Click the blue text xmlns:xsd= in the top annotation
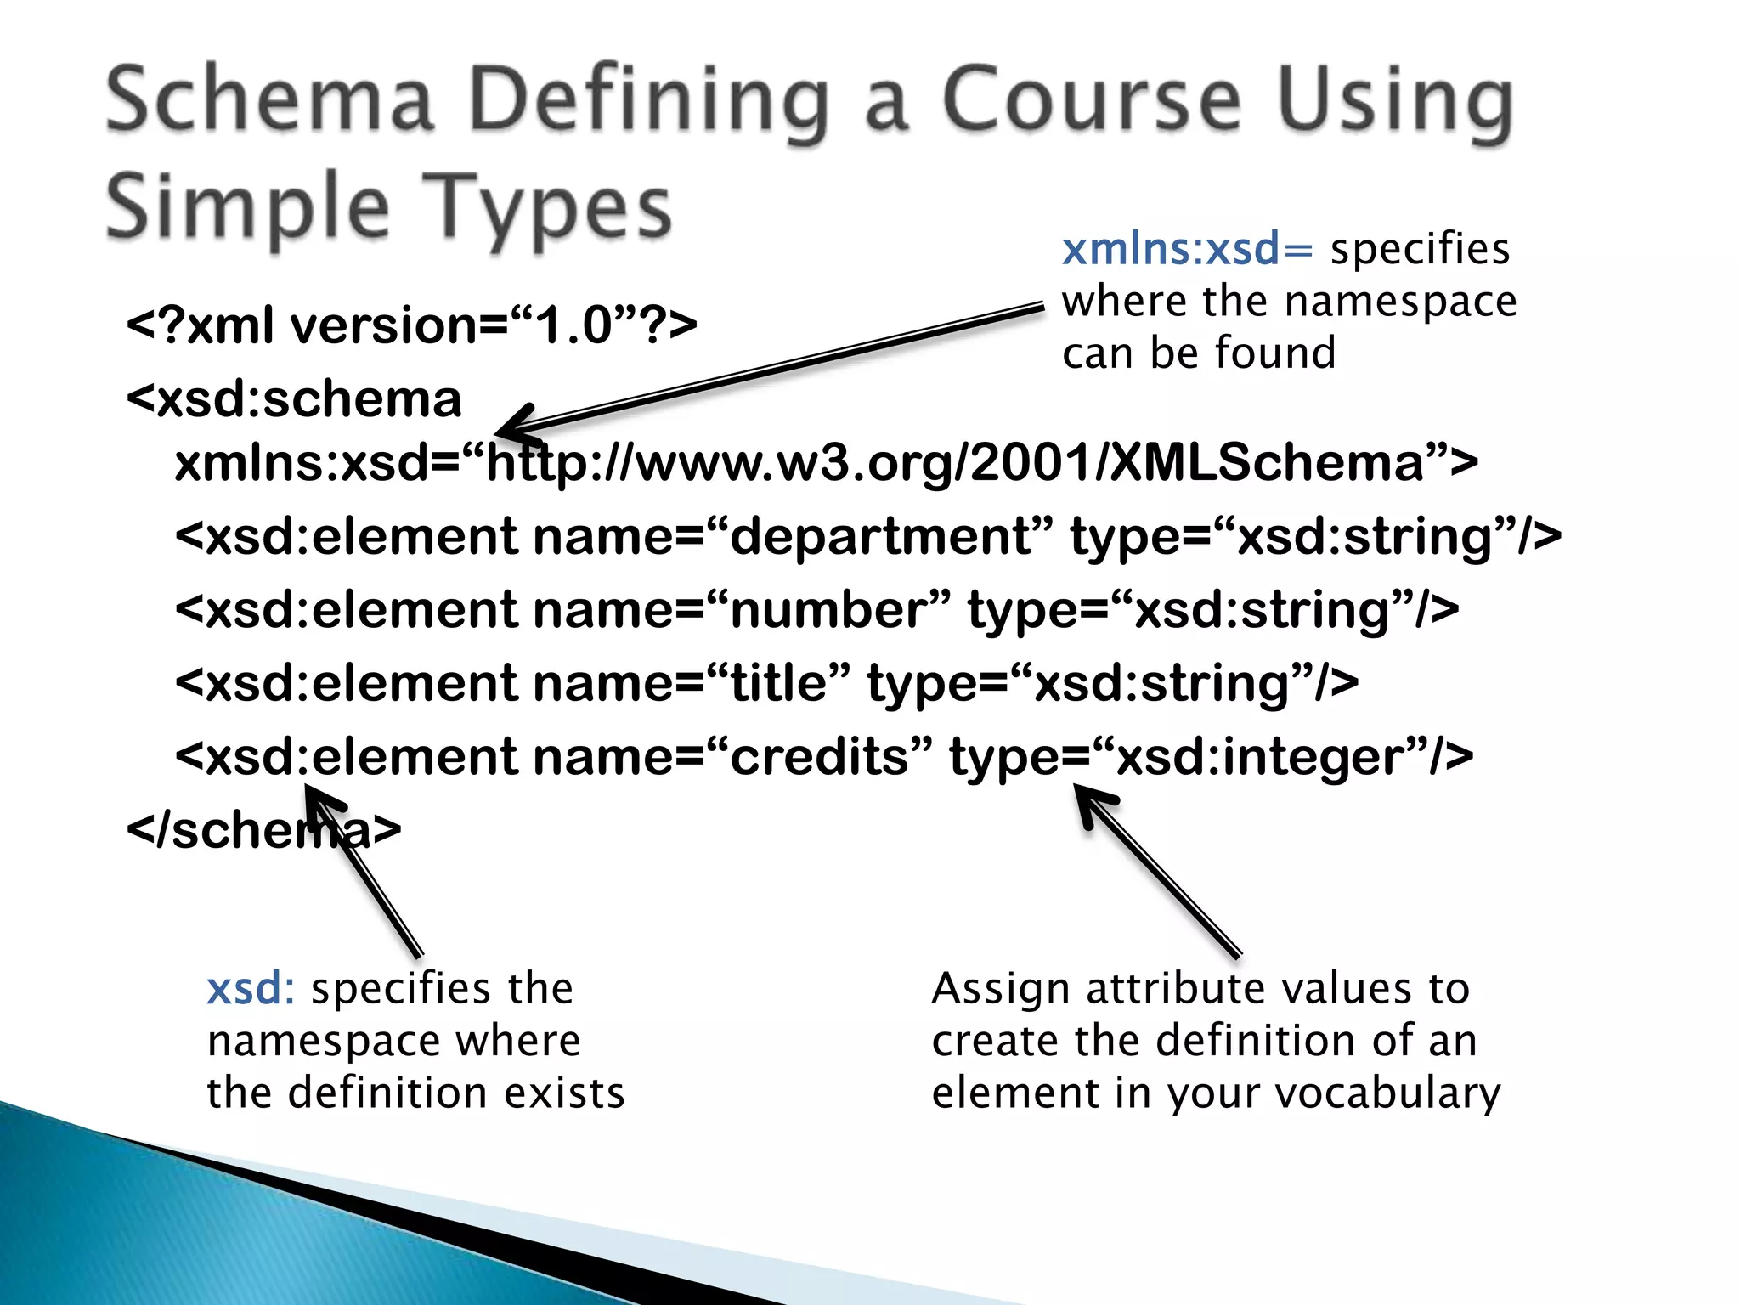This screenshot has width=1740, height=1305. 1187,249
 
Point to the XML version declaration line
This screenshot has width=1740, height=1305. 411,325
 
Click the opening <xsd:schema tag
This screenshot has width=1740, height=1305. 294,399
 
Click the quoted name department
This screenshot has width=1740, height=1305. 880,537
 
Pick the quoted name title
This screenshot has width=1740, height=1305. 778,683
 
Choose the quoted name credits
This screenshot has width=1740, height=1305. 819,756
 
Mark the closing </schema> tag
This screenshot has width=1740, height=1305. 263,830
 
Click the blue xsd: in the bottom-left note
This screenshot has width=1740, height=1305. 251,988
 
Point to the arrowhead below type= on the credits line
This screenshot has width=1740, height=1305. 1090,800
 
